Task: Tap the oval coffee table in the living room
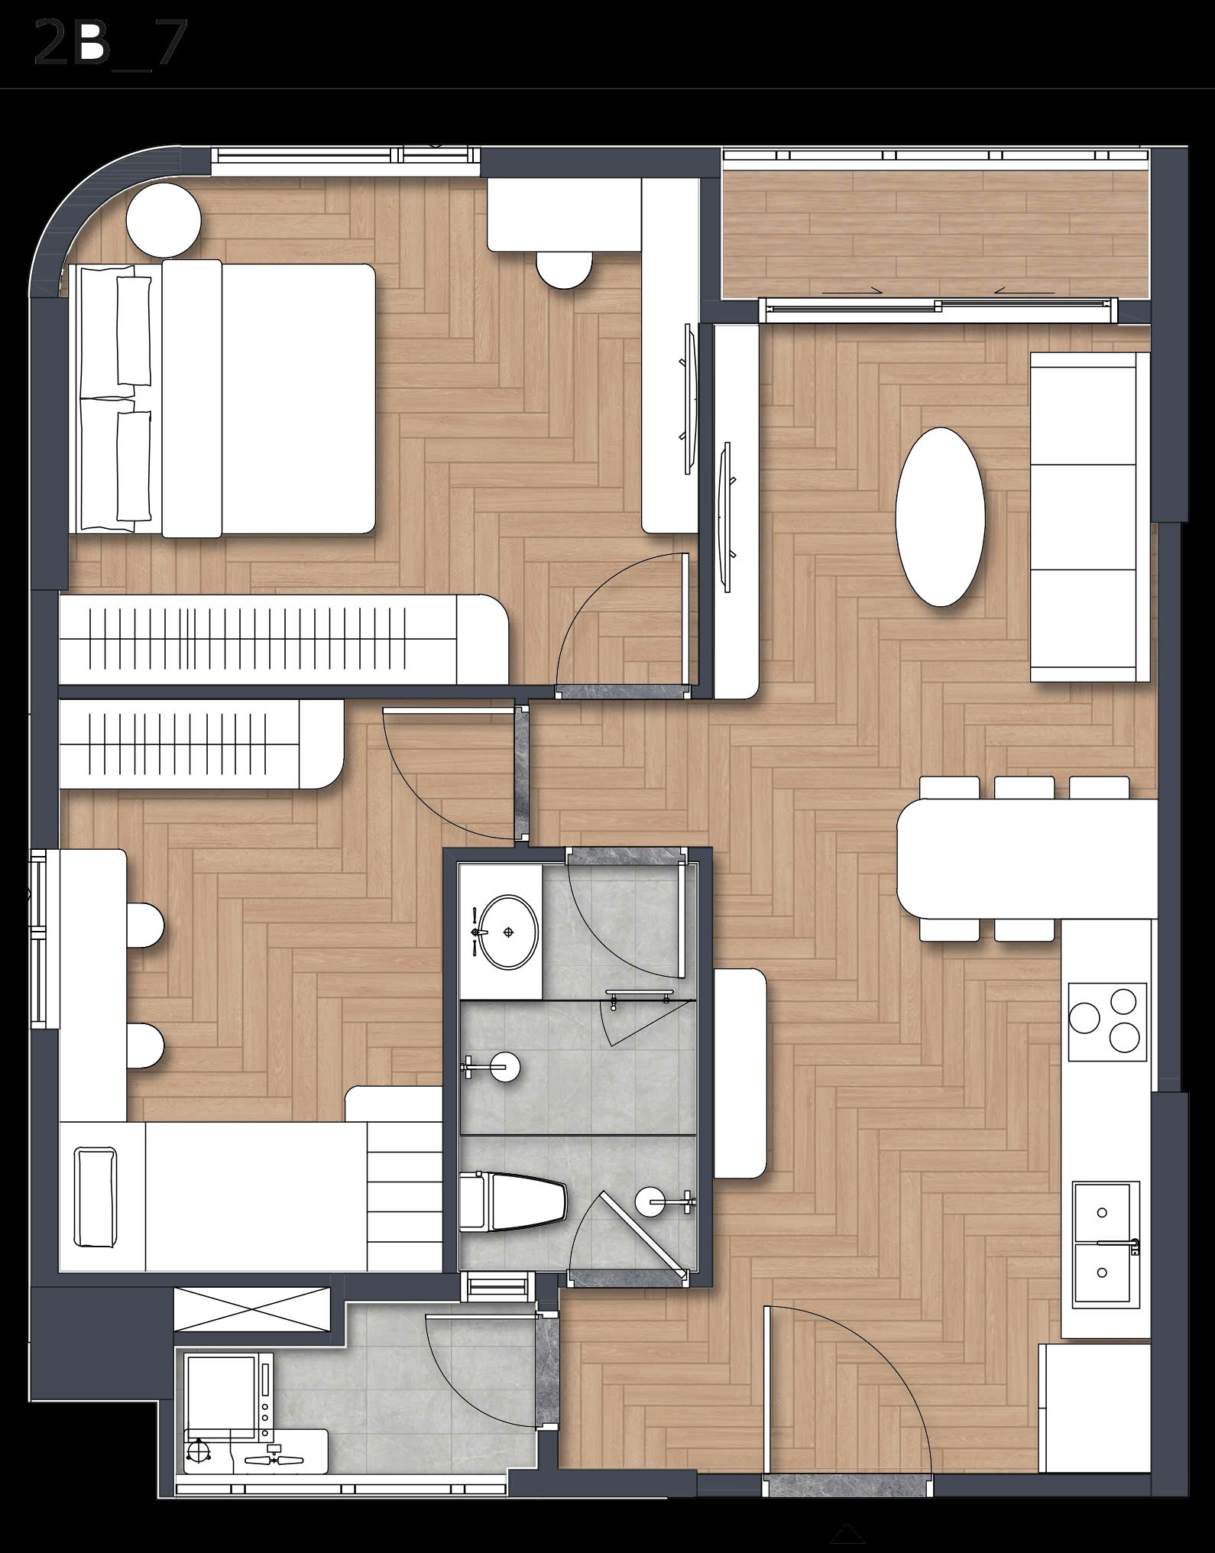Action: point(940,516)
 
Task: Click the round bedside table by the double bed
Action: point(164,221)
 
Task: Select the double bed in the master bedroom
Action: point(222,398)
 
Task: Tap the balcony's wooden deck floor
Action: point(935,234)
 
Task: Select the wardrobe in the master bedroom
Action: point(283,640)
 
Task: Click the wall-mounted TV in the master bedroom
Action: point(688,394)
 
